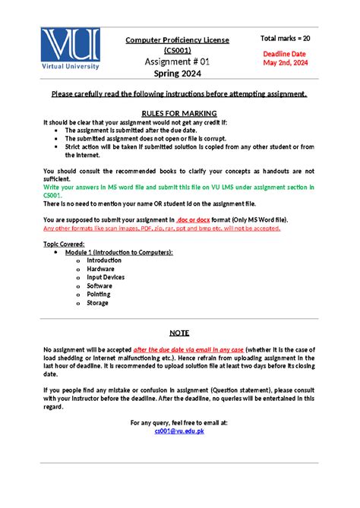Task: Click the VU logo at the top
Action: coord(71,48)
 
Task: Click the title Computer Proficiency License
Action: coord(178,39)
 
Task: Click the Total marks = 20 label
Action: coord(286,38)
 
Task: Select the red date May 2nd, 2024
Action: coord(285,63)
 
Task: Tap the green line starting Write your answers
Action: coord(178,186)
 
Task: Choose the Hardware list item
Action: coord(100,269)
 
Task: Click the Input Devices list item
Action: coord(106,277)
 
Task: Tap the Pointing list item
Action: coord(99,294)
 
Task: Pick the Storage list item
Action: coord(98,302)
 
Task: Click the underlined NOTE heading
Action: coord(179,333)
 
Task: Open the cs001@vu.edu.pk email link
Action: coord(178,431)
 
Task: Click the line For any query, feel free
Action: coord(178,422)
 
